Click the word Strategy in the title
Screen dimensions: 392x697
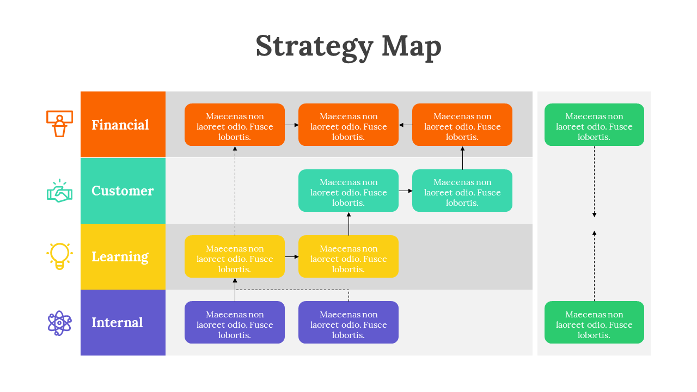tap(314, 47)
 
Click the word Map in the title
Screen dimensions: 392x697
tap(412, 47)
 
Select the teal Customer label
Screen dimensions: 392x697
tap(123, 191)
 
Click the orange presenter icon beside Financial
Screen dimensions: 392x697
tap(59, 124)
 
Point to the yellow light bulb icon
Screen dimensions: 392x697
tap(59, 256)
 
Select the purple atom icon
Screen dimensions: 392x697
tap(59, 323)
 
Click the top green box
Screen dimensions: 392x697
tap(594, 125)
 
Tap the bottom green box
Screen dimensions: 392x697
tap(594, 322)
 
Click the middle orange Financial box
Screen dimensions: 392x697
tap(348, 125)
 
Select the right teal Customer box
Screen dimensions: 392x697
tap(462, 191)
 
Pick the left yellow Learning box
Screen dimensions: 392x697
tap(235, 256)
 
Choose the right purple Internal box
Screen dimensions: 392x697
tap(348, 322)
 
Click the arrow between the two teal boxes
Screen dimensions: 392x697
tap(405, 191)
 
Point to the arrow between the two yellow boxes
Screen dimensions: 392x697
tap(291, 256)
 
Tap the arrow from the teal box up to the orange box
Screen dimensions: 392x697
tap(462, 158)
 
